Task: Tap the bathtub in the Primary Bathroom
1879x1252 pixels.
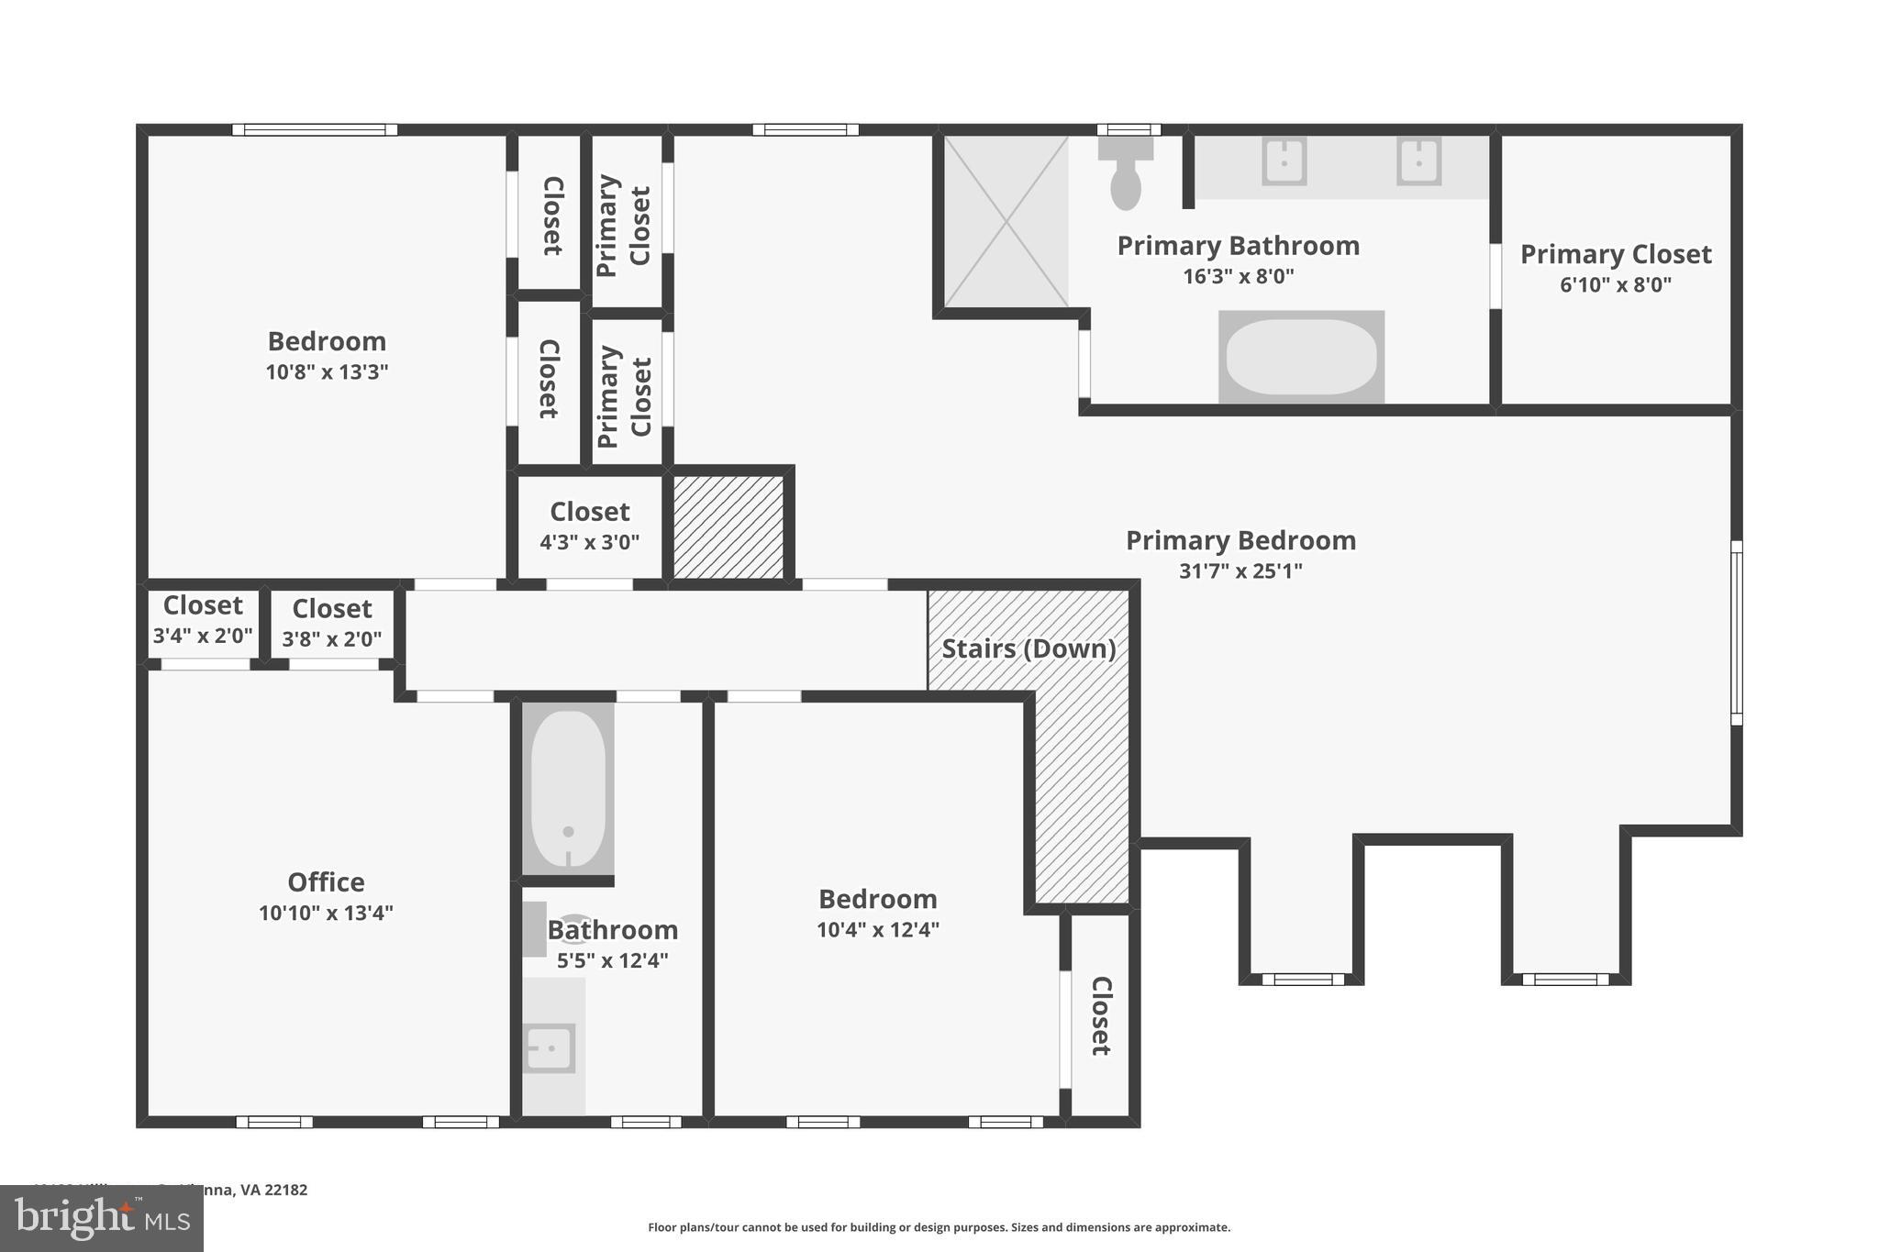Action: click(1301, 357)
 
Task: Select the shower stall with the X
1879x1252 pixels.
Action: click(1006, 221)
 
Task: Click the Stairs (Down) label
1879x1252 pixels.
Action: click(1028, 648)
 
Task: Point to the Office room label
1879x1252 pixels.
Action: click(326, 882)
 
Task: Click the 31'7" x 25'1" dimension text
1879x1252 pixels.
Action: click(1240, 571)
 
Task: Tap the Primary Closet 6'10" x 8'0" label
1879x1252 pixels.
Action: click(1616, 267)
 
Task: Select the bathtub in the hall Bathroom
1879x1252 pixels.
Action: click(568, 789)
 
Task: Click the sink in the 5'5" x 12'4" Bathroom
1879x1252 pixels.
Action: click(549, 1047)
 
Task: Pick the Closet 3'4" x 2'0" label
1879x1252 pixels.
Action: click(202, 619)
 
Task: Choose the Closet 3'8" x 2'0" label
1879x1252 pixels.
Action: click(331, 622)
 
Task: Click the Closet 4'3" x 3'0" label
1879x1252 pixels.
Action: click(589, 525)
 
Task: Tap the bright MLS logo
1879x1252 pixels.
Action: click(101, 1218)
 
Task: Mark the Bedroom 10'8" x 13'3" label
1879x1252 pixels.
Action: click(327, 354)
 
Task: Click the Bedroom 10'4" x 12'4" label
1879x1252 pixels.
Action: click(878, 912)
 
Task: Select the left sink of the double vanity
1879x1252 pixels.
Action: click(1284, 161)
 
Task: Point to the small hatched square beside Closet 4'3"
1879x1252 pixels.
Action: click(728, 526)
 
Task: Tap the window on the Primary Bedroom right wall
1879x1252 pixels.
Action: click(1736, 633)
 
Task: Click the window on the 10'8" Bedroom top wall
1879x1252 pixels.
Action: click(315, 129)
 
